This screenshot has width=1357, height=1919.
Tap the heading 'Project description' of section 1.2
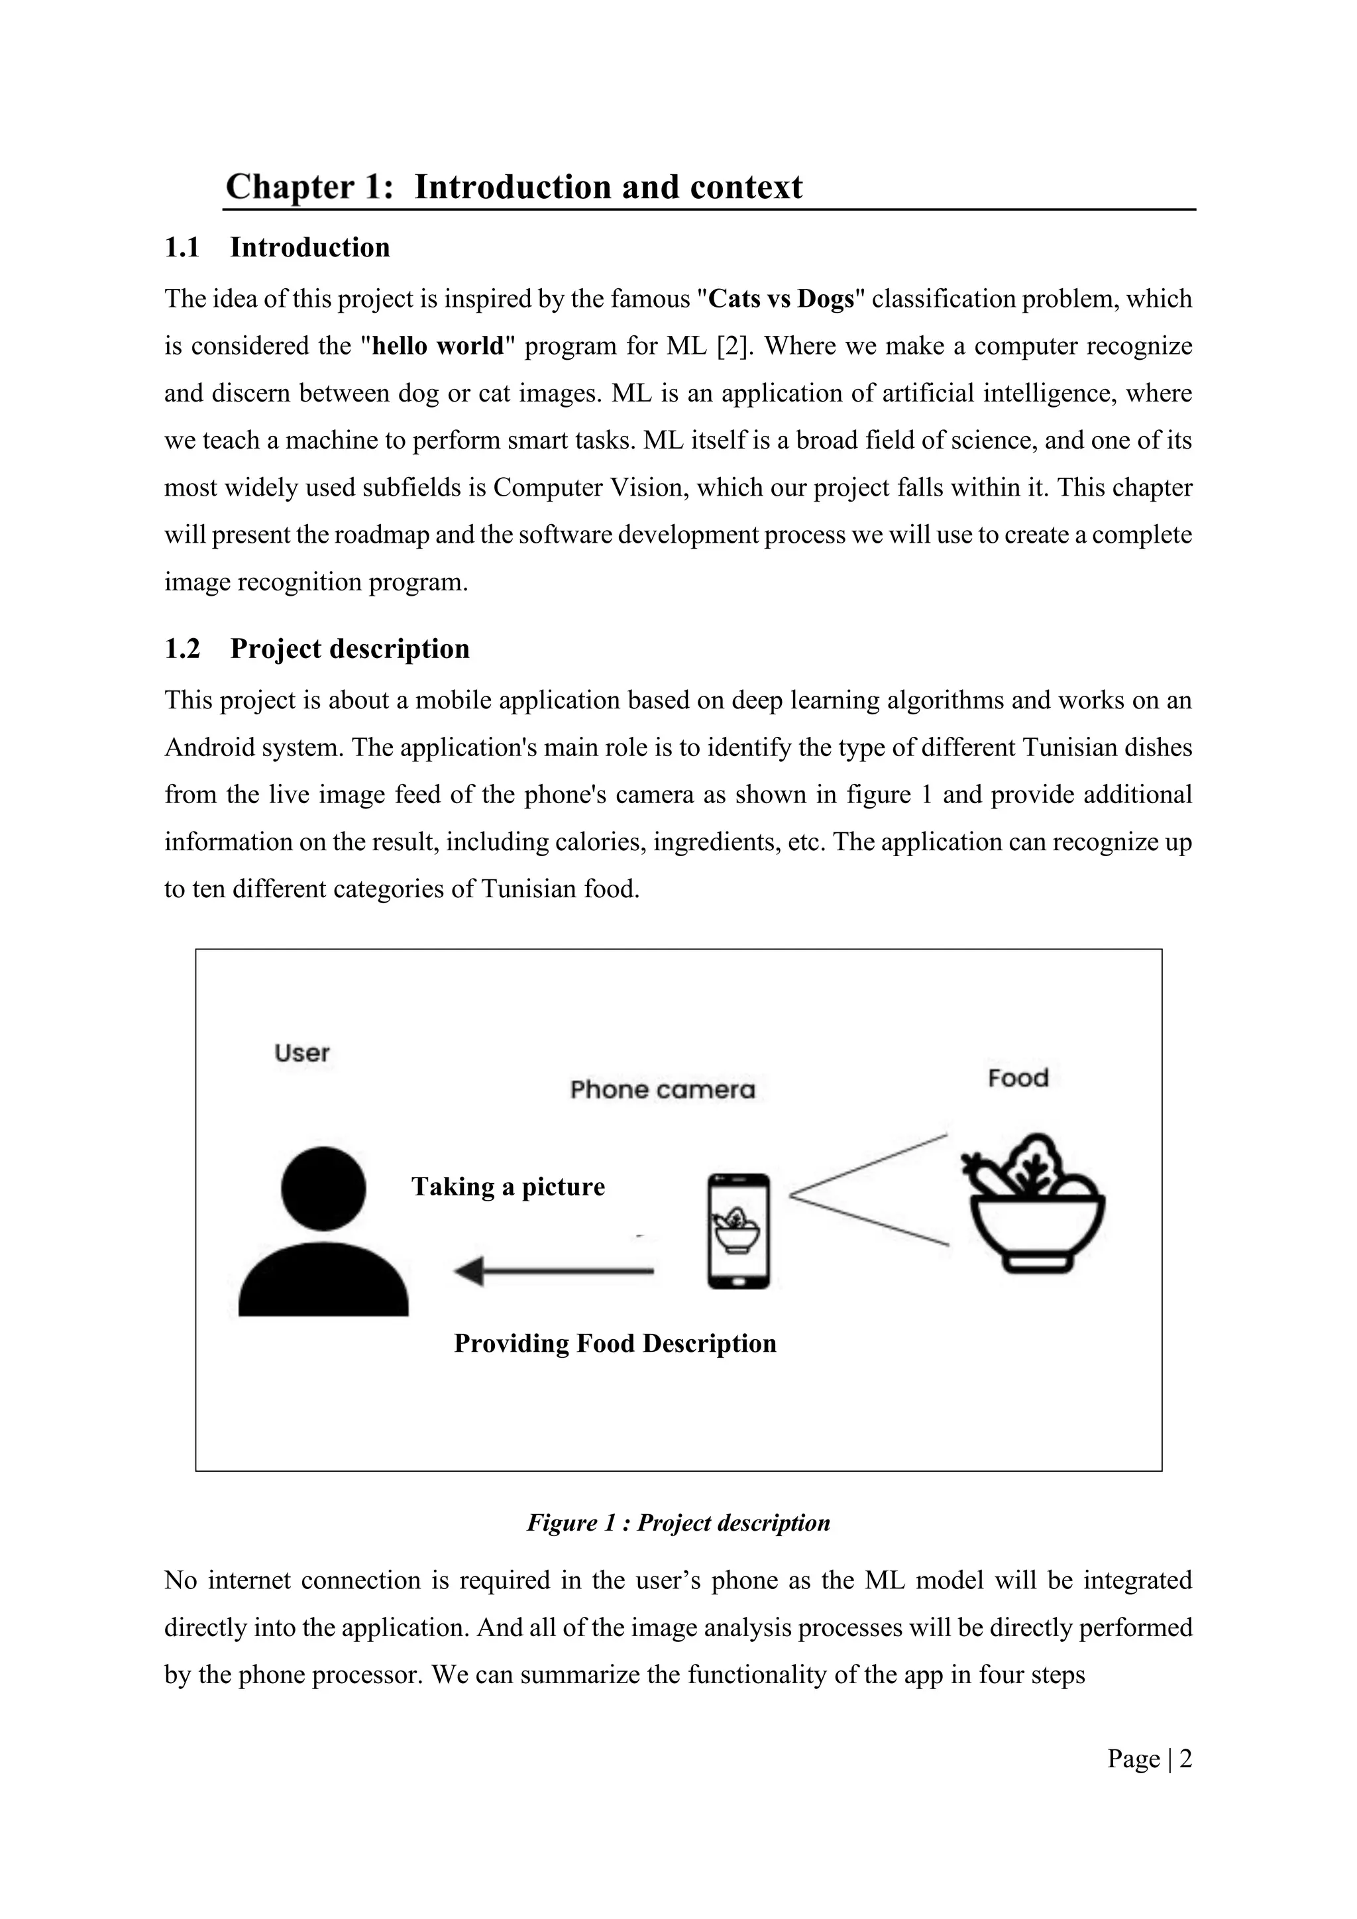[349, 649]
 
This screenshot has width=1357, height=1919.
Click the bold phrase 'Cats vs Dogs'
[781, 300]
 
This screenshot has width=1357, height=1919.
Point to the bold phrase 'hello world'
[438, 346]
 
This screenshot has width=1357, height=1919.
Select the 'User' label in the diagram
[301, 1053]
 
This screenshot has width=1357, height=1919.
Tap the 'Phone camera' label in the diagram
[662, 1090]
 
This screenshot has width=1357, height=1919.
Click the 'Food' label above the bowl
[1017, 1078]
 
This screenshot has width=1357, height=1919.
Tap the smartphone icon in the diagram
[738, 1231]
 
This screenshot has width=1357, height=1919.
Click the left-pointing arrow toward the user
[553, 1271]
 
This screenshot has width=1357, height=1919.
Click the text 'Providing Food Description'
[615, 1343]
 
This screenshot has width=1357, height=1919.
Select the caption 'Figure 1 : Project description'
[678, 1523]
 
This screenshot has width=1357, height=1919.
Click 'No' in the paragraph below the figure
[180, 1580]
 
